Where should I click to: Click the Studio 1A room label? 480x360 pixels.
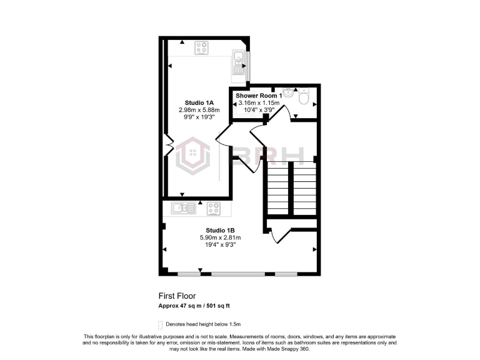click(199, 102)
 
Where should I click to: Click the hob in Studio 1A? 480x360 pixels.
click(202, 47)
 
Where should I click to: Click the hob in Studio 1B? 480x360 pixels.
click(213, 207)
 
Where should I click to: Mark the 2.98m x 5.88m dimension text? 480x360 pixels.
click(199, 110)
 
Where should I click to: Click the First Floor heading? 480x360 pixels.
click(177, 297)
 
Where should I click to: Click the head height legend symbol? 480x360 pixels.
click(161, 324)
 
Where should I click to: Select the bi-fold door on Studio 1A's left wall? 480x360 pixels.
click(167, 149)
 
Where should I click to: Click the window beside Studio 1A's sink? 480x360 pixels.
click(247, 66)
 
